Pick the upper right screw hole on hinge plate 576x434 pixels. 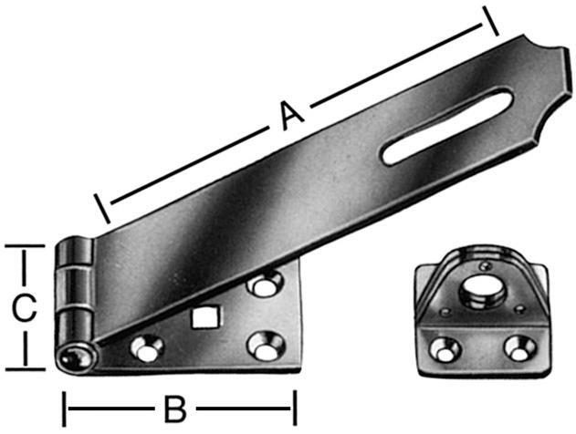(265, 286)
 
